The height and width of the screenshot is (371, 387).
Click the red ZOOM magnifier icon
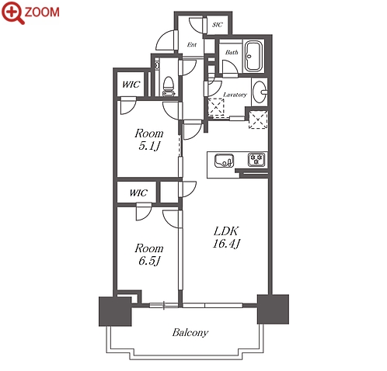point(12,12)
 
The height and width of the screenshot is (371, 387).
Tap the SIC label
point(218,25)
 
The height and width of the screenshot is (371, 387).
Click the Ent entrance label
point(192,45)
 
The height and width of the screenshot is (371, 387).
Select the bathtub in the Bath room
point(253,56)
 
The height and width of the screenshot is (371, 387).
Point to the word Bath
point(232,52)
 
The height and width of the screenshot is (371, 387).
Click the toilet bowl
point(169,86)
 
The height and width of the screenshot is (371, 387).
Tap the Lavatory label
point(235,95)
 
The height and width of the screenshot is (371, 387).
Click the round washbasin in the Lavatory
point(260,92)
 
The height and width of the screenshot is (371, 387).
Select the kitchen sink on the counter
point(224,161)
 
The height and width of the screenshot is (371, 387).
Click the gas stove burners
point(256,159)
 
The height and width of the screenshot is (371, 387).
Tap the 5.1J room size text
point(148,146)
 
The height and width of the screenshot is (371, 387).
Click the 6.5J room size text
point(148,261)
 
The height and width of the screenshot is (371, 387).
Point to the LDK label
point(226,231)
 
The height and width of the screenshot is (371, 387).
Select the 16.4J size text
point(226,244)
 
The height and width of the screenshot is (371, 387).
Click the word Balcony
point(190,332)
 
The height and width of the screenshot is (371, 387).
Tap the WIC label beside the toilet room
point(131,85)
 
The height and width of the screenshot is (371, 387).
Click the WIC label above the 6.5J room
point(138,192)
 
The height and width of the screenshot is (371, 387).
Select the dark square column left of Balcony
point(115,311)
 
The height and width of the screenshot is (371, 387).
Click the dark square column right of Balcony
point(273,309)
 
